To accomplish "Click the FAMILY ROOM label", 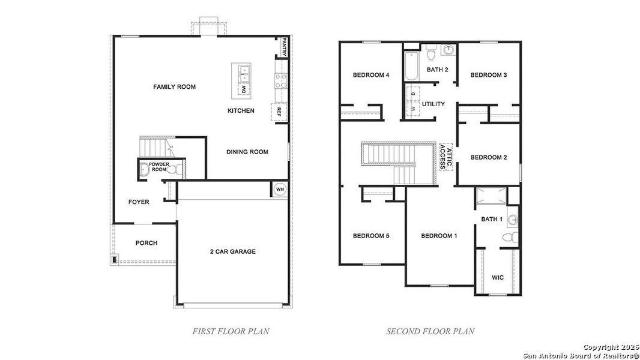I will pos(174,87).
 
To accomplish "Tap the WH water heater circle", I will pos(279,189).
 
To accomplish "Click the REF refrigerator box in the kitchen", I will pos(279,112).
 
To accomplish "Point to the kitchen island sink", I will pos(244,74).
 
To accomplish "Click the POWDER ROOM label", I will pos(159,167).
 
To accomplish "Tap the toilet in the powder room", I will pos(175,171).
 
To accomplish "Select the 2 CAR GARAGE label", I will pos(232,251).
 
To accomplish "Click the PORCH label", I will pos(146,243).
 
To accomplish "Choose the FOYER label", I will pos(139,202).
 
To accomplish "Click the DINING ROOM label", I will pos(247,152).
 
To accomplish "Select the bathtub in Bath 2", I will pos(411,67).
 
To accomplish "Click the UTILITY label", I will pos(433,104).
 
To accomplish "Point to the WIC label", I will pos(498,278).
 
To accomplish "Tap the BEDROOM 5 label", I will pos(370,236).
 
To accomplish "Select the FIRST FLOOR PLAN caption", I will pos(231,331).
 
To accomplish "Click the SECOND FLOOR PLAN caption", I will pos(430,331).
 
